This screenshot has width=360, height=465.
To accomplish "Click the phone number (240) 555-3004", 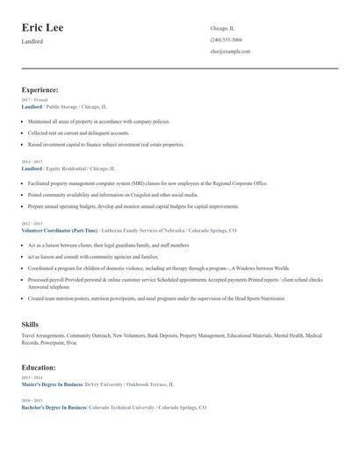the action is tap(227, 39).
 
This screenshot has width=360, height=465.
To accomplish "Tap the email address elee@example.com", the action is tap(230, 51).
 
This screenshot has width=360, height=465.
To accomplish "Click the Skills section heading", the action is tap(30, 325).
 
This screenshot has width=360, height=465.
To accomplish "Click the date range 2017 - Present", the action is tap(35, 100).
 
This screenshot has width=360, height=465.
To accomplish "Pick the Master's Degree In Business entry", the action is tap(52, 384).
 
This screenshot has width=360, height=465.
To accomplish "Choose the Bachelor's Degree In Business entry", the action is tap(53, 408).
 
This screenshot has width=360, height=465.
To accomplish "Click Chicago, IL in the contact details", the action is tap(223, 28).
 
